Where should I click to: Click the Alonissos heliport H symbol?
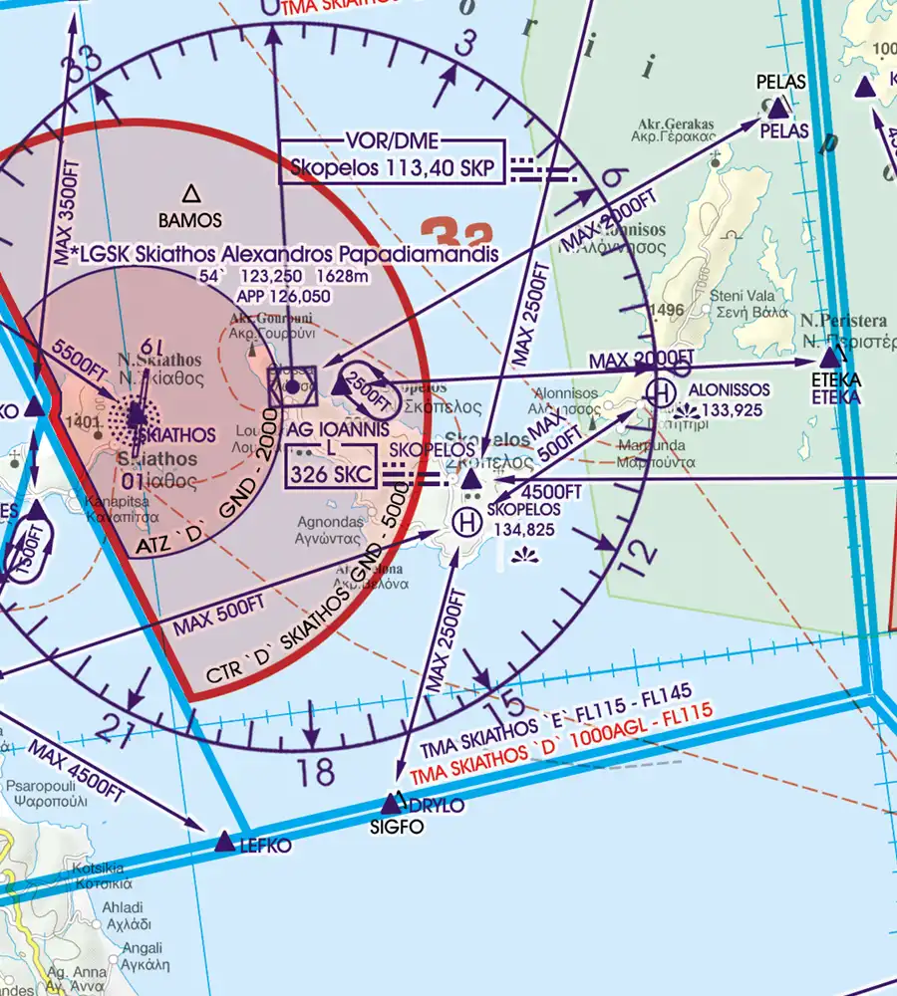[659, 390]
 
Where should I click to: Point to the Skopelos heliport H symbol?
[464, 520]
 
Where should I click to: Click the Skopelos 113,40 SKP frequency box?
[393, 168]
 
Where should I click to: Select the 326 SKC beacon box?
[332, 474]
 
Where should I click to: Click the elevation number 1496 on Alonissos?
[665, 311]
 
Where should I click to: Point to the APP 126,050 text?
[283, 296]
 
